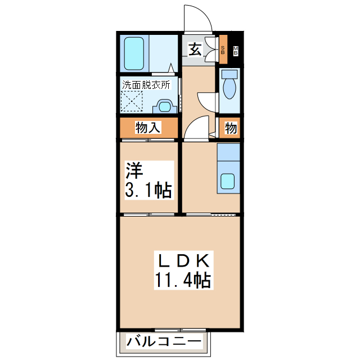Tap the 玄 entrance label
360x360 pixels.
coord(194,49)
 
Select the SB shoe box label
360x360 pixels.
coord(223,50)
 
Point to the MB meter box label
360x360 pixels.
coord(235,50)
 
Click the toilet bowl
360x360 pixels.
coord(229,88)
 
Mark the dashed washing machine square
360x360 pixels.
coord(133,102)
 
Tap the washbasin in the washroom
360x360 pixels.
coord(164,106)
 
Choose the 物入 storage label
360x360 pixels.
coord(148,128)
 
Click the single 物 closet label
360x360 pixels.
coord(231,128)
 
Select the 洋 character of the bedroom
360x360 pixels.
coord(132,169)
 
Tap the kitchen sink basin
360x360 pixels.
coord(228,182)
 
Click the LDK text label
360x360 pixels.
coord(184,259)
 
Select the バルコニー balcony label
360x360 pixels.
coord(164,341)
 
